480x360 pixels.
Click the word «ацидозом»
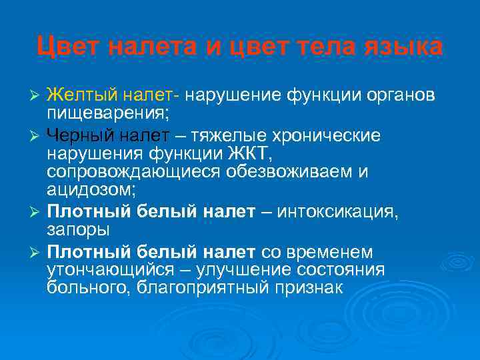tap(90, 191)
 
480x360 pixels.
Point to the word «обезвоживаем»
tap(289, 173)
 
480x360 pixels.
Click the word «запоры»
tap(78, 229)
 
